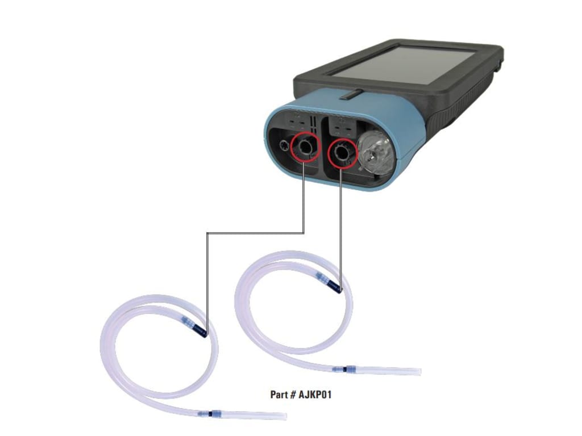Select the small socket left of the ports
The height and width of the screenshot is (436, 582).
pyautogui.click(x=281, y=146)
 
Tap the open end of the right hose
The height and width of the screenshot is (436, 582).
pyautogui.click(x=419, y=371)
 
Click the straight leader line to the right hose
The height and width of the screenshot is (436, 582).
pyautogui.click(x=340, y=227)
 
